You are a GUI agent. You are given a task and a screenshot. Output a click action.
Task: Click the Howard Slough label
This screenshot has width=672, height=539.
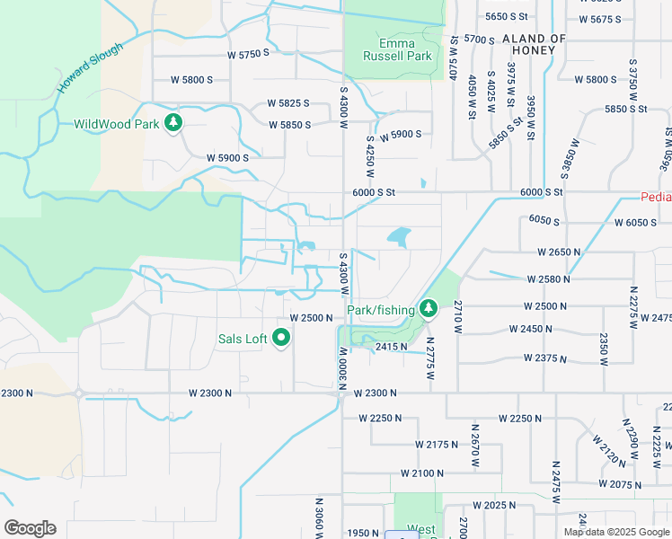click(x=90, y=66)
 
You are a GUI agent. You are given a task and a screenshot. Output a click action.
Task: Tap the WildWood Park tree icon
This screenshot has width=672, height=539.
click(x=173, y=124)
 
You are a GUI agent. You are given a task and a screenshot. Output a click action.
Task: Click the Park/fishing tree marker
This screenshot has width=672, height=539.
click(x=429, y=309)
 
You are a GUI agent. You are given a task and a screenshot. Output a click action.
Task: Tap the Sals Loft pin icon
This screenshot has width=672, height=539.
click(x=281, y=339)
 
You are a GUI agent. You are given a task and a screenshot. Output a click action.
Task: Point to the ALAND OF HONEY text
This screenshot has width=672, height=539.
click(x=534, y=45)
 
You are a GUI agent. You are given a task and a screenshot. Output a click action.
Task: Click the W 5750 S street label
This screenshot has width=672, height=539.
click(x=249, y=54)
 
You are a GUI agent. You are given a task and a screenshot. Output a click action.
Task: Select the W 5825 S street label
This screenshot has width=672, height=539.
click(x=287, y=103)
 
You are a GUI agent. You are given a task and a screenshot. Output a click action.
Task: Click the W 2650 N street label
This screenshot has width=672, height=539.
click(x=560, y=253)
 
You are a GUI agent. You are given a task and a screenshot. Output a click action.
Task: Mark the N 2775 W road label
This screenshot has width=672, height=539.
click(x=430, y=357)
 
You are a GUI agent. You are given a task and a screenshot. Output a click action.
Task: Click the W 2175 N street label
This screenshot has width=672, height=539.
click(x=437, y=445)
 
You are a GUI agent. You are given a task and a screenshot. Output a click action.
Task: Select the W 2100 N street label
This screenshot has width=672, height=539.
click(x=422, y=473)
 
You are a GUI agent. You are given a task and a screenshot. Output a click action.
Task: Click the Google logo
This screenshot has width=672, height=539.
click(x=30, y=528)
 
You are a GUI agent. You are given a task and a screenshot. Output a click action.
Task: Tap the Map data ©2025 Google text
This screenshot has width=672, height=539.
click(x=616, y=532)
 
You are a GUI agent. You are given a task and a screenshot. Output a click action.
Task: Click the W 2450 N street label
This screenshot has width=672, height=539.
click(x=531, y=329)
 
